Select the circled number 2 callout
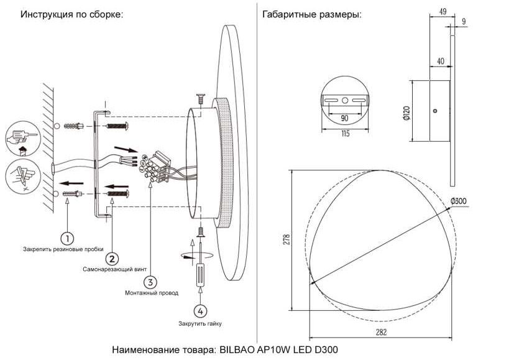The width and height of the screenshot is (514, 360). pos(111,259)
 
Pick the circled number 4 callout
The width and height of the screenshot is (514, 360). pos(199,310)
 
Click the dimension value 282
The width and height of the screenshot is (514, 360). pos(381,333)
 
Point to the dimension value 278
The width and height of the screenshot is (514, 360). pos(287,240)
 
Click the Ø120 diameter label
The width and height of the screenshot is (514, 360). pos(406,111)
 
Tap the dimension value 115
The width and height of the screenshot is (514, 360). pos(344,134)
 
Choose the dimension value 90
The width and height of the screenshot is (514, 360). pos(344,118)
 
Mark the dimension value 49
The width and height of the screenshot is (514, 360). pos(443,12)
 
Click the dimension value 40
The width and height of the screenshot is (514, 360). pos(440,61)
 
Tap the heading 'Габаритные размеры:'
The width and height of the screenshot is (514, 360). pos(312,14)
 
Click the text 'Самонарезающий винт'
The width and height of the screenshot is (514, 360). pos(115,270)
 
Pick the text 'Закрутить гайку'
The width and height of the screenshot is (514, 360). pos(200,323)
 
